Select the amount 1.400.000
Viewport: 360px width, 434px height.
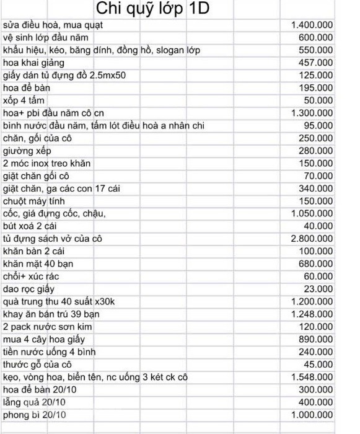pos(312,25)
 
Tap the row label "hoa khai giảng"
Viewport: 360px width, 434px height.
pos(33,63)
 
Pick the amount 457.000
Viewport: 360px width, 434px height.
pos(316,63)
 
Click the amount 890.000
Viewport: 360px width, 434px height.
pos(316,339)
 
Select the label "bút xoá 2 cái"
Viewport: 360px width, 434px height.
pos(30,226)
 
